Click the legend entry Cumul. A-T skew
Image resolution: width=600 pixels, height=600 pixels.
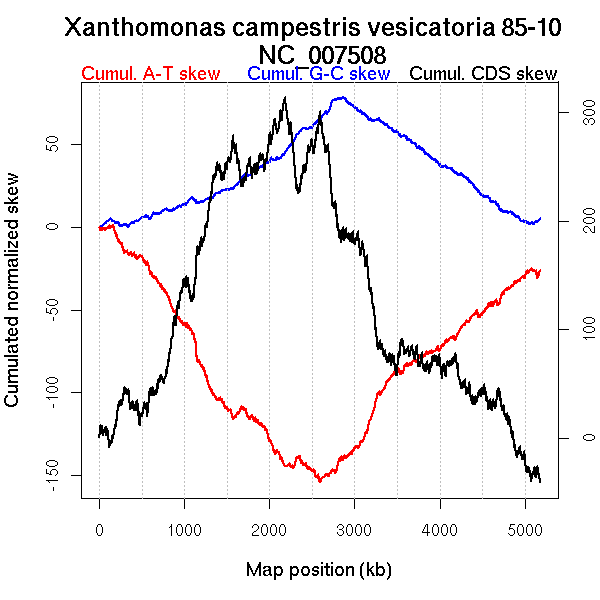coord(150,74)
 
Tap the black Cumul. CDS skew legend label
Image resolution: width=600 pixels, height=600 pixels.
coord(484,74)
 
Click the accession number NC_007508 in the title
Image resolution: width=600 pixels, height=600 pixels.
coord(322,54)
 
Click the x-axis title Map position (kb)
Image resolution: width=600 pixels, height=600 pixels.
coord(318,570)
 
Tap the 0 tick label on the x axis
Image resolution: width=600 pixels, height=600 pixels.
coord(99,532)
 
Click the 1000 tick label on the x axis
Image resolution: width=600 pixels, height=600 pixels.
coord(184,532)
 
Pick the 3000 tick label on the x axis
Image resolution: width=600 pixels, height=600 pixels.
coord(354,532)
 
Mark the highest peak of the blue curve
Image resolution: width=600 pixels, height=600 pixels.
coord(342,98)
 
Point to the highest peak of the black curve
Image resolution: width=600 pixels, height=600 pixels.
coord(285,98)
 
